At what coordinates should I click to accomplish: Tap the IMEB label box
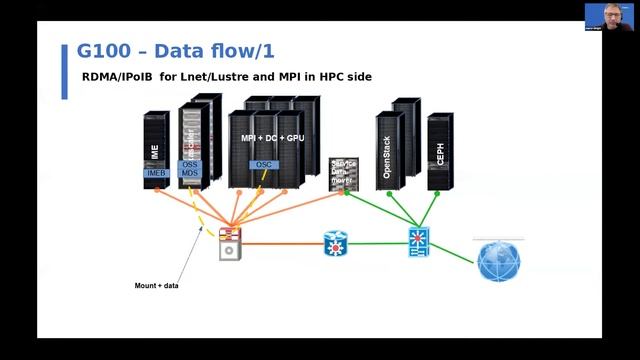coord(155,173)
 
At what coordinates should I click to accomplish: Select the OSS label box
coord(190,164)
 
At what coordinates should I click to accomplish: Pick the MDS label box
coord(190,173)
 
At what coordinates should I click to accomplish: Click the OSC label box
coord(264,164)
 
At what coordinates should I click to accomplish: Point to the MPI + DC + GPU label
coord(272,137)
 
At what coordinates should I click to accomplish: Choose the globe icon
coord(498,261)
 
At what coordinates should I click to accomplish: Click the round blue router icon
coord(335,243)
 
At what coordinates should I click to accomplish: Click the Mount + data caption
coord(157,286)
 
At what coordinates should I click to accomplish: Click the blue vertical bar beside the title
coord(65,70)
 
